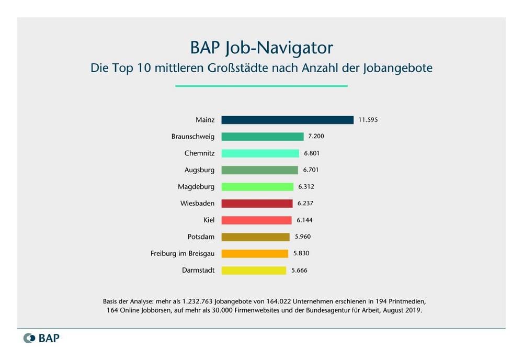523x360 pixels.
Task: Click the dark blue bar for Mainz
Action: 287,120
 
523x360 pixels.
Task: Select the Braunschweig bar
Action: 263,137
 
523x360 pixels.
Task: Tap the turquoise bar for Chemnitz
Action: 260,153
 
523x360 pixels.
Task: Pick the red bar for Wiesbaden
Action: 257,204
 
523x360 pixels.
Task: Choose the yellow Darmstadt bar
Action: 254,271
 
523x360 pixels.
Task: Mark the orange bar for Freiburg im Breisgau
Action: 255,254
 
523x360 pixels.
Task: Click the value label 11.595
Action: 368,120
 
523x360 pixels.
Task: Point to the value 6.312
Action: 306,187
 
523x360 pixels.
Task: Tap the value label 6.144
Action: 304,220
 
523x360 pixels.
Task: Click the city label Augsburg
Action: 199,170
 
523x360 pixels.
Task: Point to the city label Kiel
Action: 209,220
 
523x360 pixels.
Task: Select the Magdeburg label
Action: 196,187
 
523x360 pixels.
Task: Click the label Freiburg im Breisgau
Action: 183,254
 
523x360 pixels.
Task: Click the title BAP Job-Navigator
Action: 261,48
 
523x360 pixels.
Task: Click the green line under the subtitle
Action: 261,86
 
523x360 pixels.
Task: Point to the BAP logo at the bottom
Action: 42,338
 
